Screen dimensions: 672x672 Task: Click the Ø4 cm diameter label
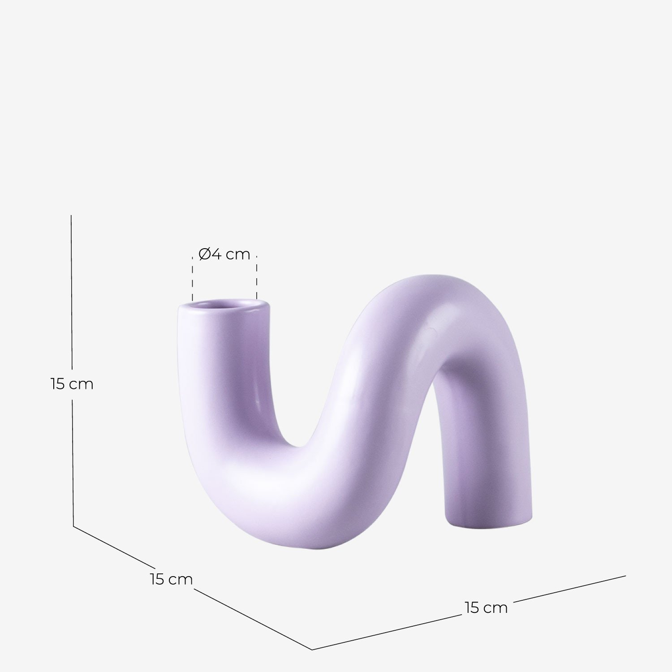(x=224, y=254)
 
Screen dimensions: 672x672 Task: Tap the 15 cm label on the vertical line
(x=72, y=384)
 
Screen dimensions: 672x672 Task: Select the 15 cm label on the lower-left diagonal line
(x=171, y=579)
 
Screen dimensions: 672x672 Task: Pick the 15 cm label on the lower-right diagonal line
(x=486, y=608)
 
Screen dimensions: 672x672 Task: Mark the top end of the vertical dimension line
(x=71, y=216)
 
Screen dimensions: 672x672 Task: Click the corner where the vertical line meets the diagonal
(x=73, y=526)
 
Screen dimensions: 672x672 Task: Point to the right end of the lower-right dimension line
(x=625, y=576)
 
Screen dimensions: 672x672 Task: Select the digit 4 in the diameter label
(x=216, y=254)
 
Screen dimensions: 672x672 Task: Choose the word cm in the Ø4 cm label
(x=237, y=255)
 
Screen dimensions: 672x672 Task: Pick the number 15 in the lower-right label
(x=473, y=608)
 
